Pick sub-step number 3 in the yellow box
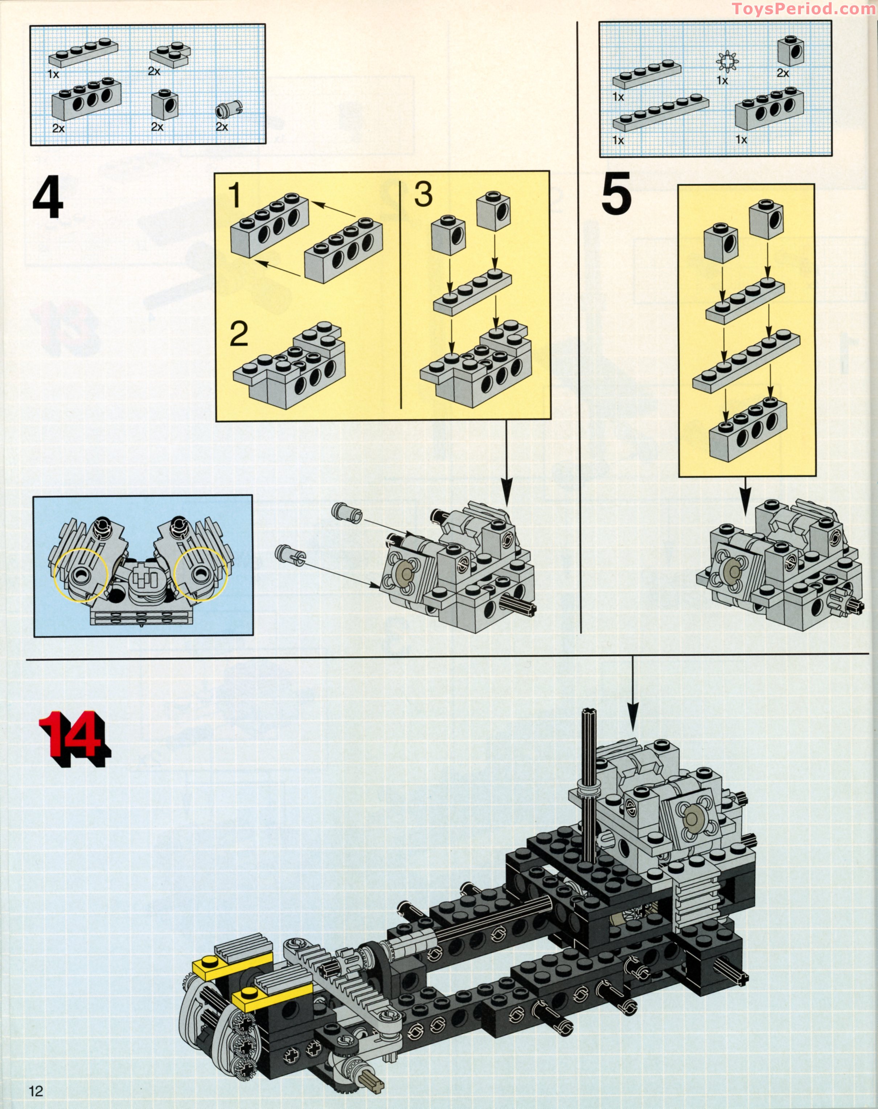tap(423, 195)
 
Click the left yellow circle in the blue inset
tap(81, 574)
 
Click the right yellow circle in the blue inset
tap(201, 574)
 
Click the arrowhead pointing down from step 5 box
tap(745, 498)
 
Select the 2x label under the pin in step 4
tap(222, 127)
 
